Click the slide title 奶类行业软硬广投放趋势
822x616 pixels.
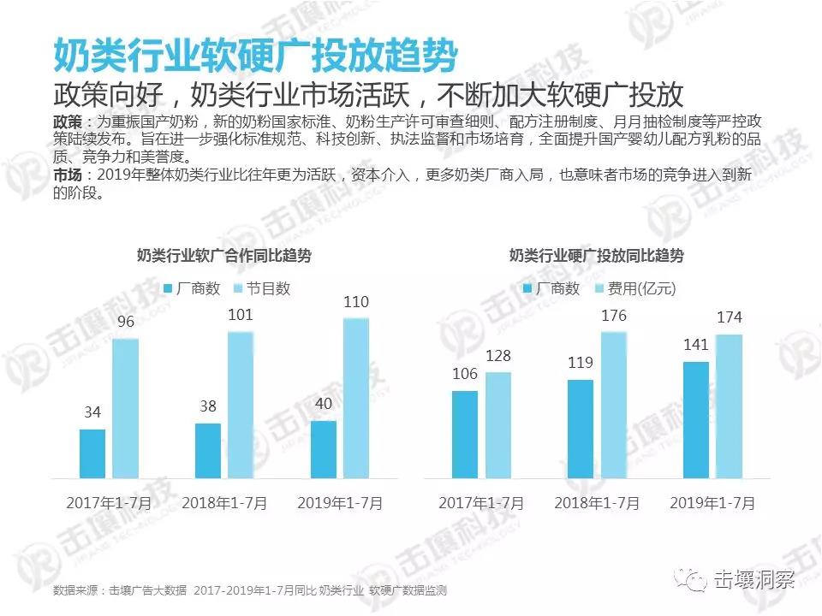254,56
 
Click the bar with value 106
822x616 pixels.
465,434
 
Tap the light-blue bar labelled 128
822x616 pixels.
497,424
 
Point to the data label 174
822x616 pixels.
729,318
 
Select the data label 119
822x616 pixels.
580,363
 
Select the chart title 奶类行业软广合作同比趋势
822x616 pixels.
224,255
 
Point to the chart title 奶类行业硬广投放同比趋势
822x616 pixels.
597,255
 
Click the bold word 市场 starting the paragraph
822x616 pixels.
68,175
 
